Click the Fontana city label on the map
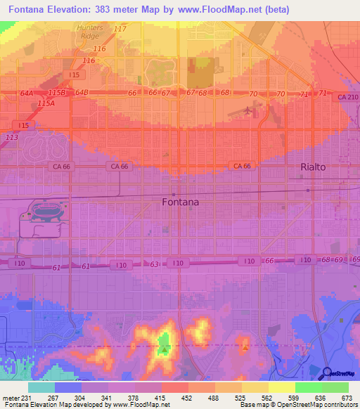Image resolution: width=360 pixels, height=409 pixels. [x=180, y=202]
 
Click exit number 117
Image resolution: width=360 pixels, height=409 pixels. [x=120, y=29]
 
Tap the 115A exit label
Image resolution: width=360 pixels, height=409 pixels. [x=46, y=103]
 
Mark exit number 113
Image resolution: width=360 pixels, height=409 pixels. [x=11, y=137]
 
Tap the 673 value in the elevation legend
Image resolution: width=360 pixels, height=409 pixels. [x=347, y=398]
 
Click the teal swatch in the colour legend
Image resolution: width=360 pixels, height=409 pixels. [x=41, y=387]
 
